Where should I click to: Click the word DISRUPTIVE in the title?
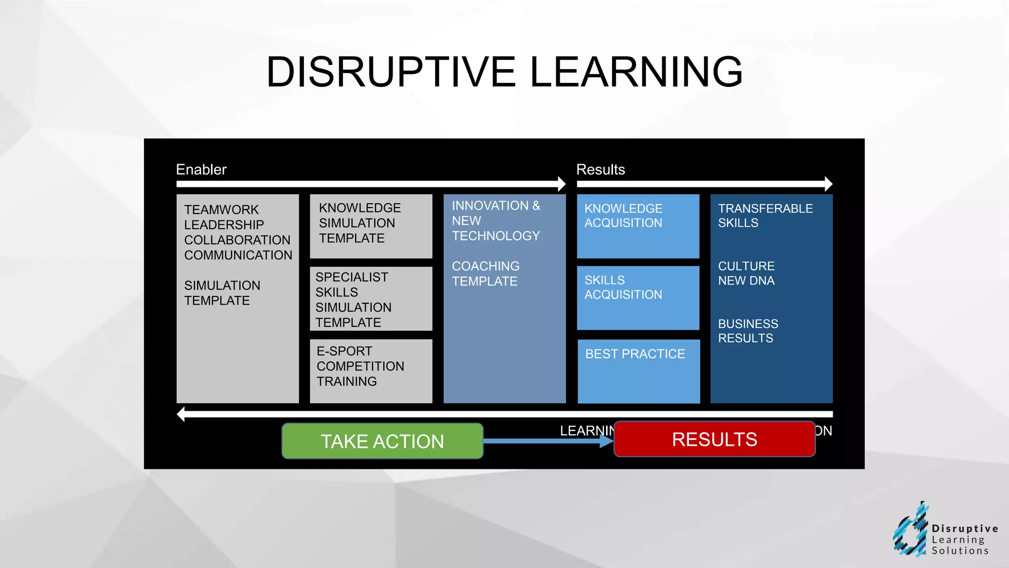[x=391, y=72]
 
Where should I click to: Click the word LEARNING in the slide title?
[x=636, y=72]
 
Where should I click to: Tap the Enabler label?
[x=201, y=170]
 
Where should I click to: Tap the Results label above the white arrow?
[x=600, y=170]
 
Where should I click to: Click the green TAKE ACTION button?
[x=382, y=441]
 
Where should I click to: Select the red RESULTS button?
[x=714, y=439]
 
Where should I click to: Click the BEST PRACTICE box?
[x=639, y=371]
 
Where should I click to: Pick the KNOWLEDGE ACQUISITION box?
[x=638, y=226]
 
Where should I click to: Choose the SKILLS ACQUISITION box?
[x=638, y=298]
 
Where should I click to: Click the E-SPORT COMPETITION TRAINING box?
[x=370, y=371]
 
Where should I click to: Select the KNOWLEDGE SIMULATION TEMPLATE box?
[x=370, y=226]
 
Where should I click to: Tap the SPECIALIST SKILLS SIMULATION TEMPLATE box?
[x=370, y=299]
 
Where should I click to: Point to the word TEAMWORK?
[x=221, y=210]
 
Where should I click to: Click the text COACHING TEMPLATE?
[x=485, y=274]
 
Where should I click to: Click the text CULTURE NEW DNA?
[x=746, y=273]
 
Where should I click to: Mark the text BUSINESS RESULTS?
[x=747, y=331]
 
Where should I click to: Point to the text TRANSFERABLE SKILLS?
[x=765, y=215]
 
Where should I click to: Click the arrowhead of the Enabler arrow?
[x=562, y=184]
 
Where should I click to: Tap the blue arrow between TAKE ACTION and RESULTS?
[x=547, y=441]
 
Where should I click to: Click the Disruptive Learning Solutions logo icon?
[x=910, y=531]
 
